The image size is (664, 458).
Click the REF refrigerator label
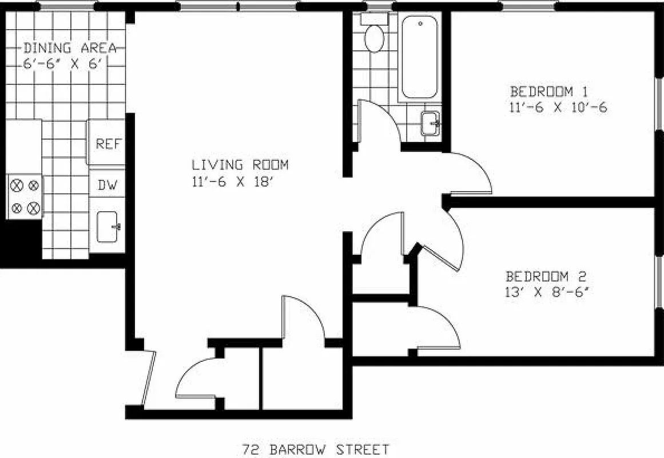(109, 144)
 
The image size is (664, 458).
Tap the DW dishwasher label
(108, 185)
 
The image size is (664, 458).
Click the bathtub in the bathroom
(419, 57)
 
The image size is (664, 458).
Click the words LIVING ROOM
(240, 165)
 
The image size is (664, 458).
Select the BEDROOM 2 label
(546, 275)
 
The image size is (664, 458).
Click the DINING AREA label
(70, 48)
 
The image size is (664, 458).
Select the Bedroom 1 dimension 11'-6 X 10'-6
(558, 107)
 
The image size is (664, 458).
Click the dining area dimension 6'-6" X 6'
(65, 64)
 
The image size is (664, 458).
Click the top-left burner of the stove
(17, 185)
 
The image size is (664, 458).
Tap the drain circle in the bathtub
(420, 24)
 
